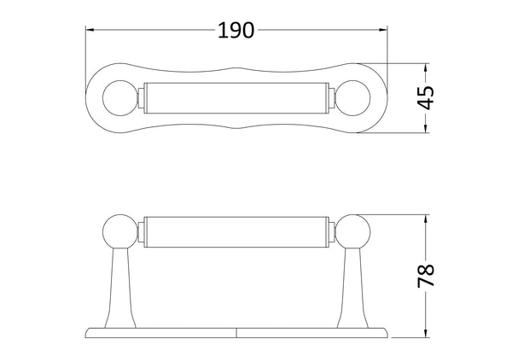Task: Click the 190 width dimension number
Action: [236, 31]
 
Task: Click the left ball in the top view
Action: [118, 98]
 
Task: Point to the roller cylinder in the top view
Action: [236, 98]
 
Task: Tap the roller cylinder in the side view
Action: [236, 232]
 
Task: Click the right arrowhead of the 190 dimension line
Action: [384, 31]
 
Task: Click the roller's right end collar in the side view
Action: [329, 232]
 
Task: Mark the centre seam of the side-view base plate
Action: [236, 330]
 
